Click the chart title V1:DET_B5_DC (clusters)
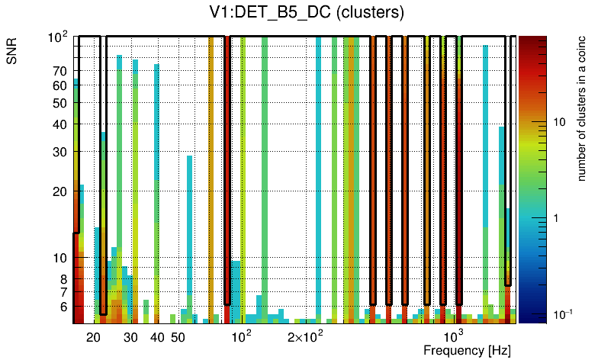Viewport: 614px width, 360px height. click(x=307, y=13)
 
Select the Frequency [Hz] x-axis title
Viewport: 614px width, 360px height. click(x=467, y=351)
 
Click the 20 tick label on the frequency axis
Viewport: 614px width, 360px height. click(x=94, y=337)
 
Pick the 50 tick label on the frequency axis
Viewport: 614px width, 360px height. click(x=178, y=337)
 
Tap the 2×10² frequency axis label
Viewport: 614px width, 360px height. click(x=304, y=336)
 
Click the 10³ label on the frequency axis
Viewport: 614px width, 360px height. click(x=453, y=336)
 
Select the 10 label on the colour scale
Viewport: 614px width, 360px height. click(x=558, y=122)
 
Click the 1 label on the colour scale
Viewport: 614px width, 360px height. click(x=555, y=218)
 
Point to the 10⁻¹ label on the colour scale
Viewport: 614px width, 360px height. click(x=562, y=313)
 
